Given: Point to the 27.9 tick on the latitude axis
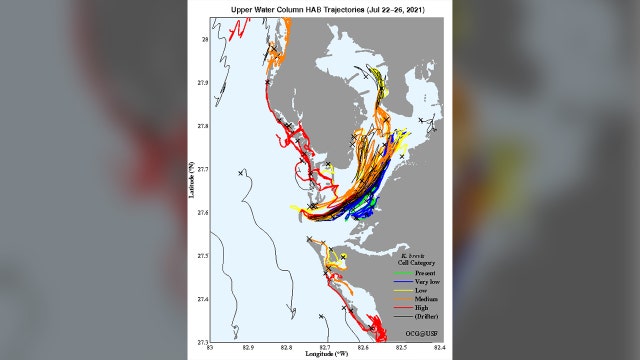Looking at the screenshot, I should point(203,83).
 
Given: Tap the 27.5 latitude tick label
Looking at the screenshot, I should point(203,256).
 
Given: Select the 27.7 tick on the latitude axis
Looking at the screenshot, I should point(203,169).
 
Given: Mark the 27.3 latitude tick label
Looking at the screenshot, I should point(203,342).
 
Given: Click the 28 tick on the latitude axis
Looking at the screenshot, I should point(205,40).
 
